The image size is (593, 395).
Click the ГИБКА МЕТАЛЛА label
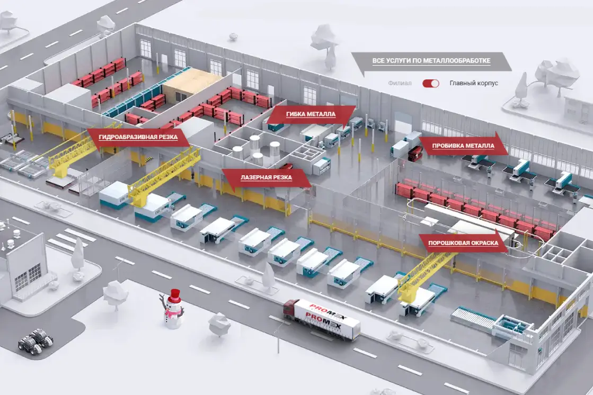point(311,114)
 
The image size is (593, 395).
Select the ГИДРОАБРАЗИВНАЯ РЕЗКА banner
point(138,137)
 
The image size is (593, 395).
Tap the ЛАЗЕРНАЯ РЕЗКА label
point(266,178)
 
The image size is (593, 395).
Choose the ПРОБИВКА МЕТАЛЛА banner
point(463,146)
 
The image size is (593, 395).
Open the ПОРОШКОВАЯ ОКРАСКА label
point(463,243)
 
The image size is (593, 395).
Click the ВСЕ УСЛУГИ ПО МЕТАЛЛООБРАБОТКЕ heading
point(431,61)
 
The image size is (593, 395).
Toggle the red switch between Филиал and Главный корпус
point(431,83)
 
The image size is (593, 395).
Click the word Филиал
point(400,83)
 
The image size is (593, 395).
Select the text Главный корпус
point(474,83)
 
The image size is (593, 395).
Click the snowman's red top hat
point(174,295)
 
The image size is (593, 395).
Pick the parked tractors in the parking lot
point(36,340)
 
